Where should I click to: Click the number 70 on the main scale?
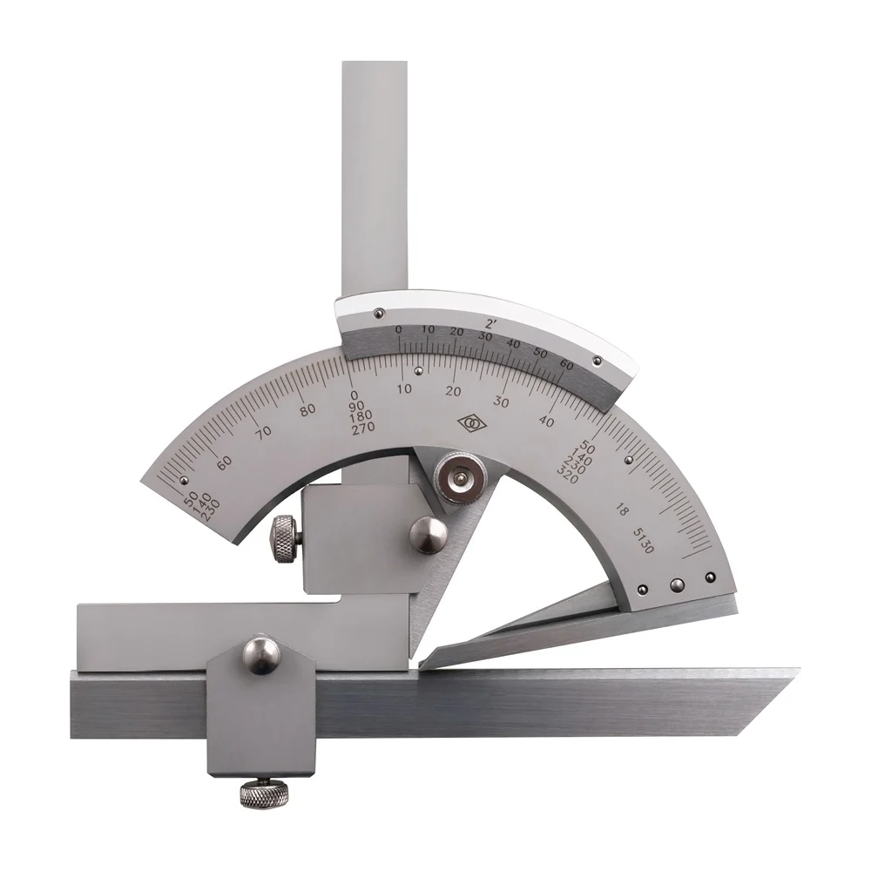coord(264,432)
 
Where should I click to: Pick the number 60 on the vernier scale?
coord(567,365)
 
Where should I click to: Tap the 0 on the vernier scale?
coord(398,330)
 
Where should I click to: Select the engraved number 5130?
coord(644,541)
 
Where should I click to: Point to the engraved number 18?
coord(623,510)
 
